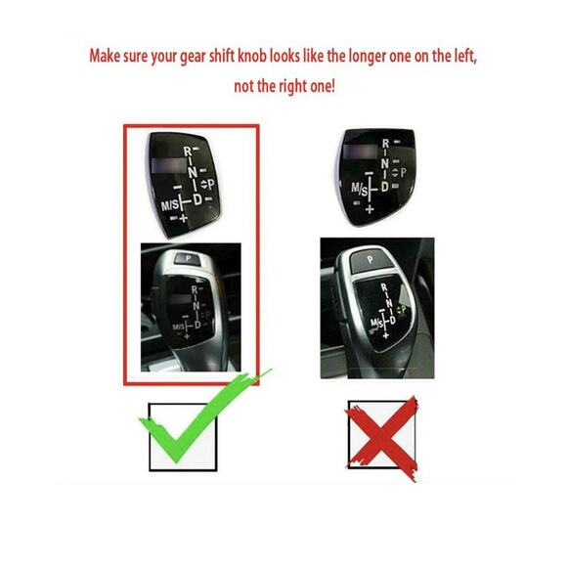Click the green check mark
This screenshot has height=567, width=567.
click(200, 425)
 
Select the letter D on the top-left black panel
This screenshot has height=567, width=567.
click(197, 199)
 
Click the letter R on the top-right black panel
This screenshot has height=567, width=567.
click(384, 145)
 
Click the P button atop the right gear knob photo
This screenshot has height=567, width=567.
click(371, 258)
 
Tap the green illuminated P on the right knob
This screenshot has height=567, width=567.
click(401, 310)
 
